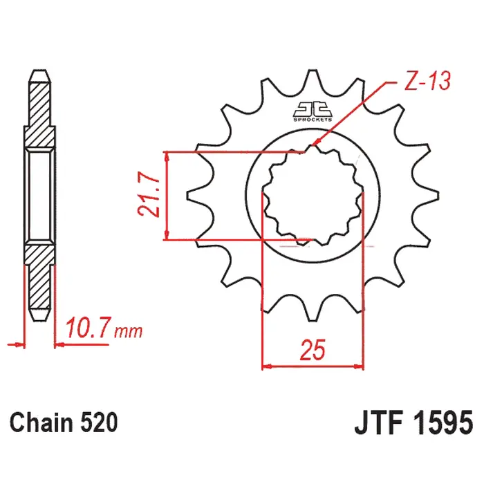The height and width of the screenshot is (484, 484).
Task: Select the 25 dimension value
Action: click(x=313, y=351)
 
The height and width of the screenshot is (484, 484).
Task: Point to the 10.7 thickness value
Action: click(x=88, y=328)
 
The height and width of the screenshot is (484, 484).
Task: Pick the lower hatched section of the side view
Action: click(x=39, y=280)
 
